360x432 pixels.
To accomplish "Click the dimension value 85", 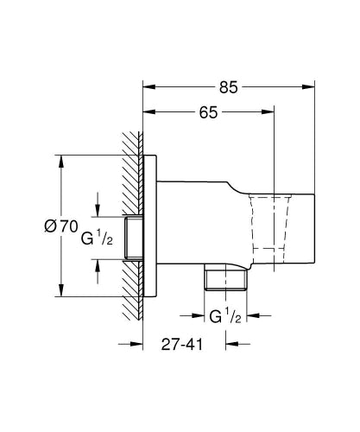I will coord(229,87).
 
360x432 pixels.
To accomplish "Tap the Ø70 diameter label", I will coord(60,226).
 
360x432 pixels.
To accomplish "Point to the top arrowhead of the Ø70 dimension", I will coord(60,161).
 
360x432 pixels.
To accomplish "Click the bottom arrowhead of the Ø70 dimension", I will coord(60,292).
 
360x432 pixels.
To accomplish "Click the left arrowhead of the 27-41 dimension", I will coord(136,343).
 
